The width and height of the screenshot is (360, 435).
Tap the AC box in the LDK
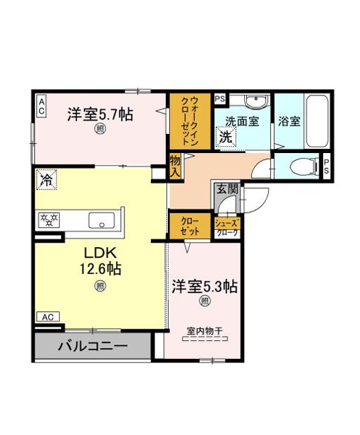point(48,317)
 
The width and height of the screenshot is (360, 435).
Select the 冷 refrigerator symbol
point(46,180)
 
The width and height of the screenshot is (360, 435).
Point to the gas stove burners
point(49,219)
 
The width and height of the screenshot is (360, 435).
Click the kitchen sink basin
point(102,220)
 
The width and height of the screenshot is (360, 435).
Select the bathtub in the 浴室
point(317,122)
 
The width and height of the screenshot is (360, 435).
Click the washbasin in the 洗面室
point(257,100)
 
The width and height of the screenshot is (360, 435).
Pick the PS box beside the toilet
point(327,167)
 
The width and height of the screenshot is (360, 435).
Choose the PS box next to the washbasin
point(220,99)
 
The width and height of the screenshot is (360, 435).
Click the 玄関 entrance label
point(227,189)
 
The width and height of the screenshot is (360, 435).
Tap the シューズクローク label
point(227,228)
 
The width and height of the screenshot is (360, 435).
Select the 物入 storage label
point(175,166)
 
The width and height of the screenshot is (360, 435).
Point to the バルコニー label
point(92,346)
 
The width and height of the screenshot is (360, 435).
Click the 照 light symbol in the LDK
point(100,286)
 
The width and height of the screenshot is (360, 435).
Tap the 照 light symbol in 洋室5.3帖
point(204,301)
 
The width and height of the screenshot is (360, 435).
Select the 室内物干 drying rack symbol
point(205,335)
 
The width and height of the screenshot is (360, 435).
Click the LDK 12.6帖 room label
point(100,261)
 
